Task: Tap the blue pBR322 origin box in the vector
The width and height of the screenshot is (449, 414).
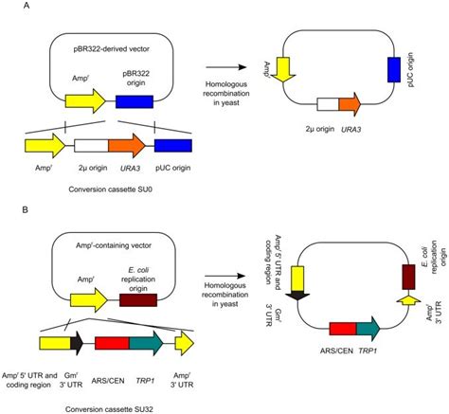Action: pos(135,100)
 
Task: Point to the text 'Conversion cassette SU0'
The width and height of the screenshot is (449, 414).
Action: pos(99,184)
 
